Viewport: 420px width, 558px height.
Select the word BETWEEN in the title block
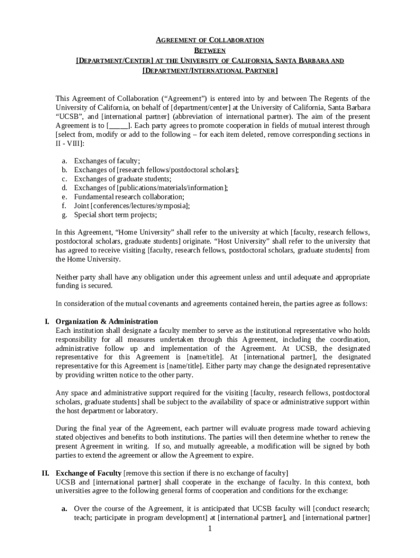click(210, 50)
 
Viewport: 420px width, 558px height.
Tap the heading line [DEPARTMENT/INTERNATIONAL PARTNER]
click(210, 71)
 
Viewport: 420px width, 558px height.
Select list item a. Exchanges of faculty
click(107, 161)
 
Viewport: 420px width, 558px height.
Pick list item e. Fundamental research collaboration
click(129, 197)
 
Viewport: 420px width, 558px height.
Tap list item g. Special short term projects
click(115, 215)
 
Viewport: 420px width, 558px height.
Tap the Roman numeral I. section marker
click(47, 321)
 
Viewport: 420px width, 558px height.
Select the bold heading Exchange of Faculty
click(89, 472)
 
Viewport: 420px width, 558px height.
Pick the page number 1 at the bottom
click(209, 529)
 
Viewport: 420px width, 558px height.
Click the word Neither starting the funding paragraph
click(68, 277)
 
